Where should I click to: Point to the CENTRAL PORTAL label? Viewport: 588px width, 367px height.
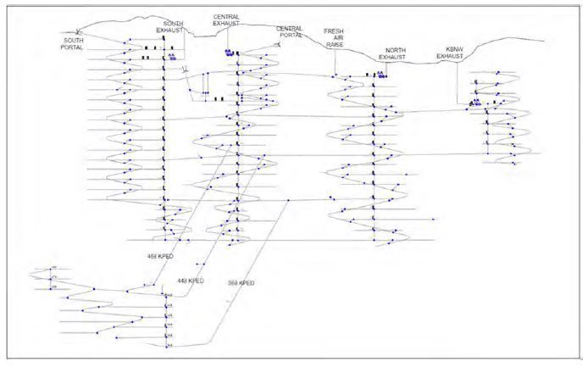tap(289, 32)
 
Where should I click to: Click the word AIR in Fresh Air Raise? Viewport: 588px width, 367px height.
tap(336, 37)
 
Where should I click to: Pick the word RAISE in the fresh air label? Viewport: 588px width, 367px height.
tap(336, 44)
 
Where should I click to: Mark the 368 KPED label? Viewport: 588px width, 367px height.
tap(240, 283)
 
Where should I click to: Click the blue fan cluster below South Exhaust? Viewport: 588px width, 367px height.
tap(172, 58)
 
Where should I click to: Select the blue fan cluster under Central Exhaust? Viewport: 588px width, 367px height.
tap(228, 53)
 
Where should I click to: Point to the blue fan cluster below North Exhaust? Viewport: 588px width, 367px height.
tap(383, 75)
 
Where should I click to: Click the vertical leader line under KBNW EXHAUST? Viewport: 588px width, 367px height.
tap(458, 81)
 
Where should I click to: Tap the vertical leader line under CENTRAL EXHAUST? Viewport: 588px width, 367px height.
tap(227, 37)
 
